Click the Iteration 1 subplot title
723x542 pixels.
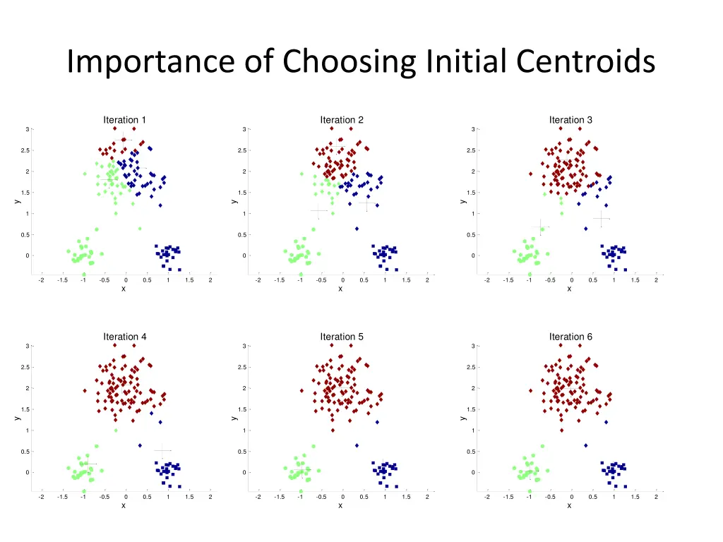(125, 120)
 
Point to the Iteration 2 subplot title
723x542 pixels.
(342, 120)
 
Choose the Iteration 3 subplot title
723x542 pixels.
(570, 120)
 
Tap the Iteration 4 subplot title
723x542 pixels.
(125, 337)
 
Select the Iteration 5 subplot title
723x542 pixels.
(342, 337)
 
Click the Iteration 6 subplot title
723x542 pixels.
(570, 337)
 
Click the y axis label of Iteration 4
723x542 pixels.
(18, 418)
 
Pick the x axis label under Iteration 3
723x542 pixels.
(569, 289)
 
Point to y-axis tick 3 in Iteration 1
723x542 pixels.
(27, 129)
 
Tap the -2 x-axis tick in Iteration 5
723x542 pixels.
(258, 497)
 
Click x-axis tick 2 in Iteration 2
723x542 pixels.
(426, 280)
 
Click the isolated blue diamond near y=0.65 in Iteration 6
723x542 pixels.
(585, 445)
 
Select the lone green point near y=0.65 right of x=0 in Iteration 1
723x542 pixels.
(140, 229)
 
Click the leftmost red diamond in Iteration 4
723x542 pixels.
(85, 390)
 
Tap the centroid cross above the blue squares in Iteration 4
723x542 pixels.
(163, 450)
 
